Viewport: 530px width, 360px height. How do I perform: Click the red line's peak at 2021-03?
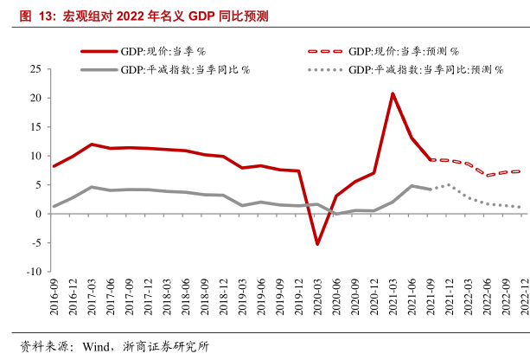[x=393, y=93]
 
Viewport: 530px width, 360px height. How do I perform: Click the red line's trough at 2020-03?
[x=317, y=244]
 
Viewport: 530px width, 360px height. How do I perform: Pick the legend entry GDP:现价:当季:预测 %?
[x=403, y=52]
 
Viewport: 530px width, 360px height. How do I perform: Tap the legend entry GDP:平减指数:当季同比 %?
[x=185, y=68]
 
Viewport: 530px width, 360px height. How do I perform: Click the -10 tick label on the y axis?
[x=33, y=272]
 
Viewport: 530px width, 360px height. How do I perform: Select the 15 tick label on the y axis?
[x=36, y=126]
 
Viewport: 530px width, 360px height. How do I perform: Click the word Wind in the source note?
[x=92, y=346]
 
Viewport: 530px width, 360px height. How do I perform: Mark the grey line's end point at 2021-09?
[x=431, y=189]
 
